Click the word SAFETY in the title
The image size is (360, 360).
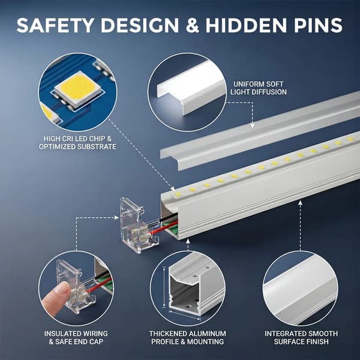tap(55, 25)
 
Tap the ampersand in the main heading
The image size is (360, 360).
tap(192, 25)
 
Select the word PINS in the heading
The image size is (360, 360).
tap(318, 25)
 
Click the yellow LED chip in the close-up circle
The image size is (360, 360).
tap(78, 88)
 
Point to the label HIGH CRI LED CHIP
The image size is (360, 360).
tap(77, 139)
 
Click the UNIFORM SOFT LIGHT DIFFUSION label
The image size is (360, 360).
tap(259, 88)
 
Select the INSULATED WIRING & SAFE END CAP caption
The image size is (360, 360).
tap(76, 337)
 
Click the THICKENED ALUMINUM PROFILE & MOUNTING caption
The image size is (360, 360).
tap(188, 337)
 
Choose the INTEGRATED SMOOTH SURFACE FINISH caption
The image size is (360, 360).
tap(301, 337)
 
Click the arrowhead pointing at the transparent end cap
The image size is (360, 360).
tap(117, 217)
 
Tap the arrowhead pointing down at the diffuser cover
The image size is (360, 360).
tap(253, 126)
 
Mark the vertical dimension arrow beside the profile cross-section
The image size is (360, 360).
tap(164, 287)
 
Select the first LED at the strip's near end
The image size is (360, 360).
tap(178, 194)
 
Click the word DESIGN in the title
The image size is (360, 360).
tap(140, 25)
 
